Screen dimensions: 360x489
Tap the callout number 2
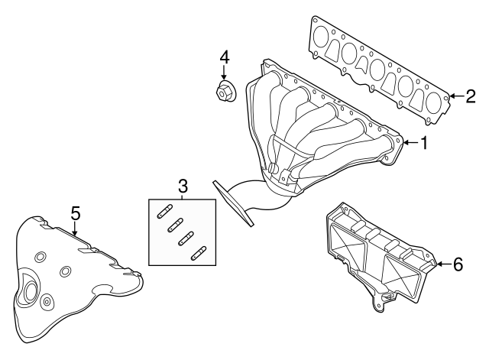[x=471, y=96]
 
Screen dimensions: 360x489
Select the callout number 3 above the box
[x=183, y=186]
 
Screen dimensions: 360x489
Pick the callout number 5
[x=75, y=212]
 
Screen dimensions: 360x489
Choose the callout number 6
[x=458, y=264]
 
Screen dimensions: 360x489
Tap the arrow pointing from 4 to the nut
[x=225, y=75]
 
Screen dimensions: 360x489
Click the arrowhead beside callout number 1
[x=406, y=143]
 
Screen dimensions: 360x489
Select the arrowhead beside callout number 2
[x=453, y=96]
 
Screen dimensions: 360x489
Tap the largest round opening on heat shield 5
[x=31, y=290]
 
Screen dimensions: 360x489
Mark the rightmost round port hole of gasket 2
[x=434, y=102]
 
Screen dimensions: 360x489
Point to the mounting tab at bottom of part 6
[x=380, y=305]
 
